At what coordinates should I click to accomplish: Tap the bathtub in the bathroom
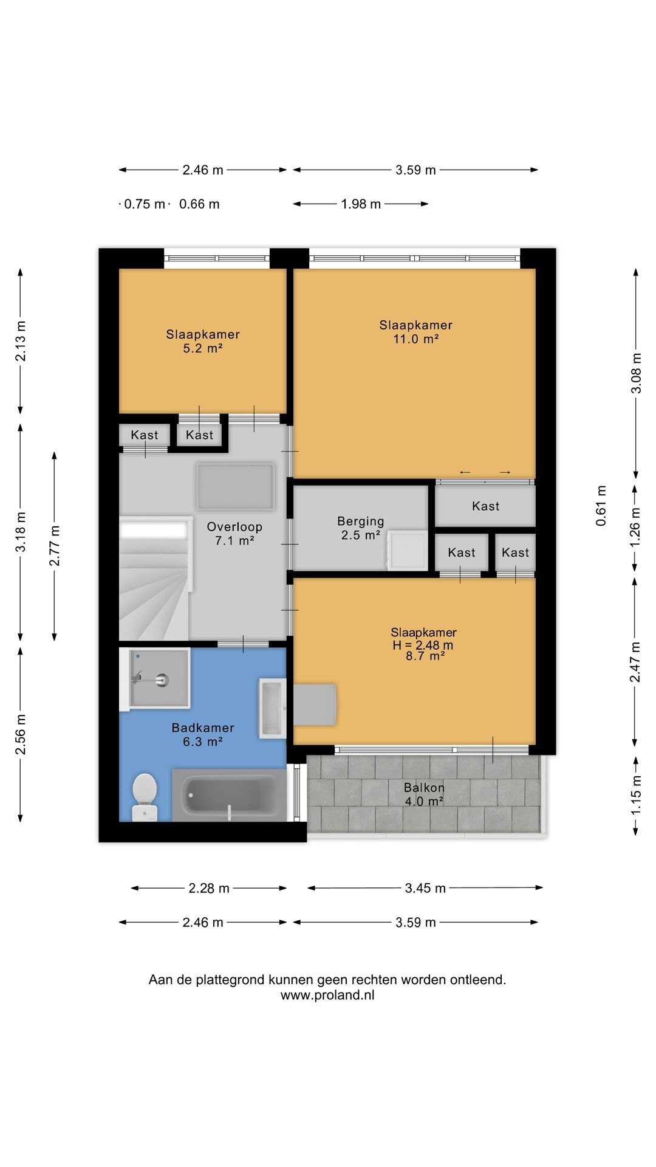(x=229, y=794)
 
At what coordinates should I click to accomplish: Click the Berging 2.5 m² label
(x=361, y=528)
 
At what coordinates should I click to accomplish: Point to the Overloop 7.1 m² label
(x=234, y=534)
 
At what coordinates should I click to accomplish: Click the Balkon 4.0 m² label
(x=424, y=794)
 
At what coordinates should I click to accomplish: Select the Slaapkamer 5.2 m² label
(x=203, y=341)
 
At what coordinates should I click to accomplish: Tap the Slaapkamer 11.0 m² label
(x=416, y=332)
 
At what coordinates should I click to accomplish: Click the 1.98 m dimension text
(x=361, y=204)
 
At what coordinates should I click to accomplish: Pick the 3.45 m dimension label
(x=425, y=888)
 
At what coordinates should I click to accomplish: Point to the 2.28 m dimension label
(x=209, y=888)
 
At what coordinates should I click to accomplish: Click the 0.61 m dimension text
(x=601, y=506)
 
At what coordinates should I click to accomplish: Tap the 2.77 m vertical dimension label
(x=55, y=546)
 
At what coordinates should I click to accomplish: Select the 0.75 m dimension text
(x=145, y=204)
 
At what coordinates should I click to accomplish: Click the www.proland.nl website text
(x=327, y=995)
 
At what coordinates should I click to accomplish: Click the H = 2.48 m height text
(x=423, y=645)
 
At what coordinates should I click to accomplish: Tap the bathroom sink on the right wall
(x=273, y=708)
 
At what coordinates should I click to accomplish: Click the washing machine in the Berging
(x=406, y=550)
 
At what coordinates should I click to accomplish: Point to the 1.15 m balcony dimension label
(x=636, y=795)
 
